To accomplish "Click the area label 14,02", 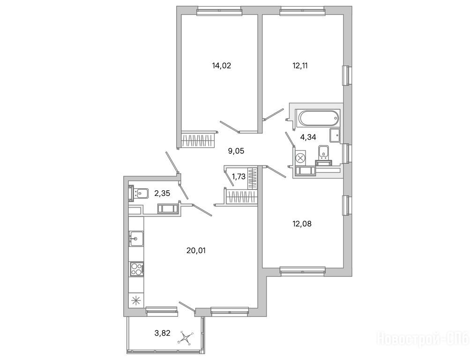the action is (x=221, y=66).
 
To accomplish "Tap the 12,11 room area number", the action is (x=300, y=66).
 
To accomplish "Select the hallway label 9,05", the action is (x=236, y=150).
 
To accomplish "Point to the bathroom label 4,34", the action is (x=308, y=137).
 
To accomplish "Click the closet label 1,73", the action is (x=238, y=177).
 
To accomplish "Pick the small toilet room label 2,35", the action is (x=162, y=193).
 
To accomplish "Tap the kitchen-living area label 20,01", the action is (x=196, y=251).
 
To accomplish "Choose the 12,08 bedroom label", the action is (x=302, y=224).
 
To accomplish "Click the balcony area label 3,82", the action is (x=163, y=333).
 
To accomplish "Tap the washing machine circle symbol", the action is (x=300, y=158).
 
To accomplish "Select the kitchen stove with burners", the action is (x=137, y=269).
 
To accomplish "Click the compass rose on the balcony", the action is (x=186, y=337).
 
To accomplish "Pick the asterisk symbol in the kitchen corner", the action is (x=136, y=300).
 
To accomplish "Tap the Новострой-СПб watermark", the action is (x=423, y=338).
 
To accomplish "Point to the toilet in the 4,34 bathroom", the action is (x=324, y=152).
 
